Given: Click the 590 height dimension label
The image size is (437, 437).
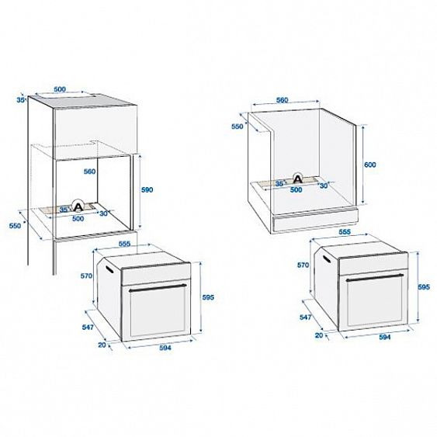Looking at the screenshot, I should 147,189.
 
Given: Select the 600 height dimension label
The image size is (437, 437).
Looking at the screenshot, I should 369,165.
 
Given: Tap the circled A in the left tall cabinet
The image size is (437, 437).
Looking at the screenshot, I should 78,206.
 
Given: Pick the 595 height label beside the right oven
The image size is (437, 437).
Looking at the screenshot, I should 423,287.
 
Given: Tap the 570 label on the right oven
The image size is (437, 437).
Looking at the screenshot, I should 303,265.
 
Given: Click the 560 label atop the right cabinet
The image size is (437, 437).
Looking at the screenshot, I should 282,100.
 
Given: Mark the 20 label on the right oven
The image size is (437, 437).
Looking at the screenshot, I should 318,335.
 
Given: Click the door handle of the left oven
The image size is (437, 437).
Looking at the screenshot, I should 158,287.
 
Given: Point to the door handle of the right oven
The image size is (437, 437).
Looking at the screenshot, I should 376,277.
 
